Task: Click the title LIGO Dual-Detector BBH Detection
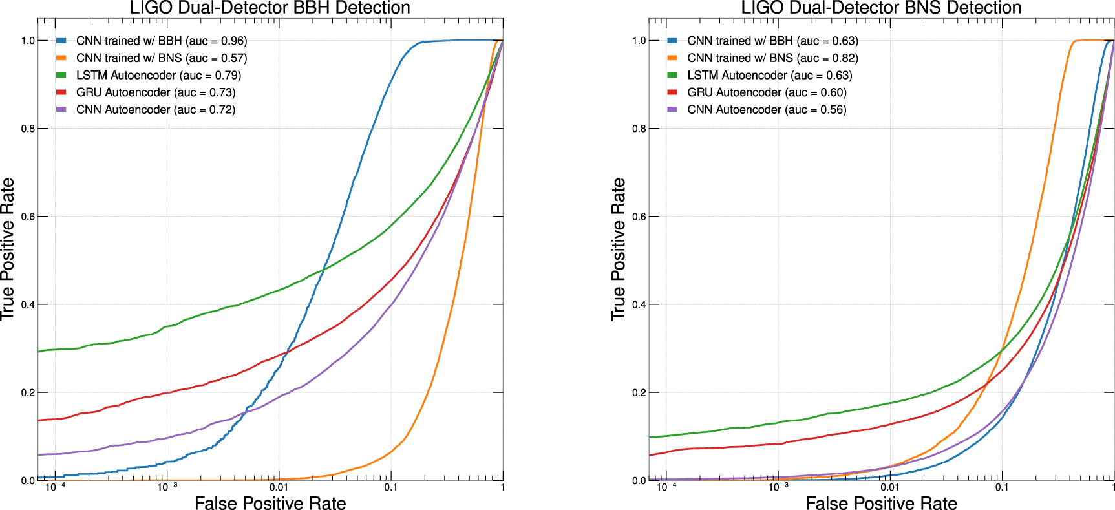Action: pos(270,8)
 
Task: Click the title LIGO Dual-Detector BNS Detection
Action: pos(881,8)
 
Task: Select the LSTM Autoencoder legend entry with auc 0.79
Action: pos(158,75)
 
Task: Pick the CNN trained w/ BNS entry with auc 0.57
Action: pos(162,58)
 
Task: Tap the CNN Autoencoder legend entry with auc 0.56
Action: pos(767,110)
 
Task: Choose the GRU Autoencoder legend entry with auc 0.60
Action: pos(767,92)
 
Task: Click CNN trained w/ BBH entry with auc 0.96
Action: pos(162,41)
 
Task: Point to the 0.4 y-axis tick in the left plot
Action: pos(28,304)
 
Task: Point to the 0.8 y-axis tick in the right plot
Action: pos(639,129)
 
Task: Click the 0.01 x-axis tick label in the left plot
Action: pos(279,487)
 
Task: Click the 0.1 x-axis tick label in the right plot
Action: pos(1001,487)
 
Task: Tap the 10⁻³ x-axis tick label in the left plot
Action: pos(167,487)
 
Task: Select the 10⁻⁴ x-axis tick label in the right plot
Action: pos(666,487)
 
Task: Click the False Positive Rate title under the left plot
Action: pos(270,504)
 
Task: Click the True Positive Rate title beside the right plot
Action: pos(619,250)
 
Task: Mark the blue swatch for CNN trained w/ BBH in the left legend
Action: pos(61,41)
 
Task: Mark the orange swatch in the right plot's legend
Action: pos(672,58)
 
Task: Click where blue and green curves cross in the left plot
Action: pos(323,268)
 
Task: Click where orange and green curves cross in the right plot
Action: pos(1001,351)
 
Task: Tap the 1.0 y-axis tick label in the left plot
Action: pos(28,41)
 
